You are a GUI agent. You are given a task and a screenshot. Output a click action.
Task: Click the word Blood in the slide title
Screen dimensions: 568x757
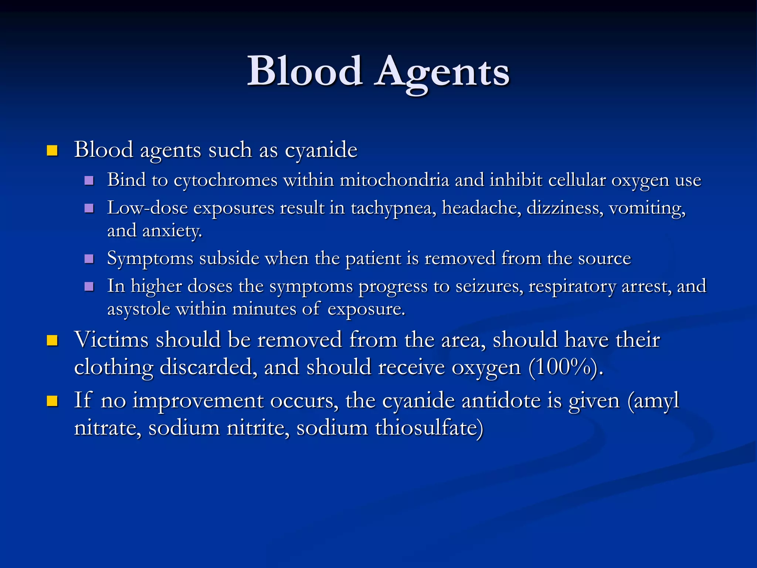point(305,71)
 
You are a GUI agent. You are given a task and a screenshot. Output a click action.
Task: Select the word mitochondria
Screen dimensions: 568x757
point(394,180)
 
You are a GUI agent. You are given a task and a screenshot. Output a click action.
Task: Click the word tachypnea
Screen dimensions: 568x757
point(393,208)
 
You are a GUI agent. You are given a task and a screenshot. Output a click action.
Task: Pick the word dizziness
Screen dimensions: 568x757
point(565,208)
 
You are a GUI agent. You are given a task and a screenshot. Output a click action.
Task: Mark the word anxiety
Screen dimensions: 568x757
point(172,231)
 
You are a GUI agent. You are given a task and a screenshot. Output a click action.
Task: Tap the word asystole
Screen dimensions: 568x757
point(139,309)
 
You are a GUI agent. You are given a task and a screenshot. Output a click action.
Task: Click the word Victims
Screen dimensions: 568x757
point(111,339)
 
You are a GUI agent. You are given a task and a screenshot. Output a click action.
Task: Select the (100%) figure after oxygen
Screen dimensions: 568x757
point(566,368)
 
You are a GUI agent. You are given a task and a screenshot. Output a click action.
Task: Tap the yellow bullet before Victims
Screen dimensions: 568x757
point(52,340)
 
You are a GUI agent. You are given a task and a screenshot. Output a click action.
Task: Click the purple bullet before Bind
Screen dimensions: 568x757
point(89,180)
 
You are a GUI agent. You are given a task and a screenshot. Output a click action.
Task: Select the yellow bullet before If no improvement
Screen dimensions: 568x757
point(52,401)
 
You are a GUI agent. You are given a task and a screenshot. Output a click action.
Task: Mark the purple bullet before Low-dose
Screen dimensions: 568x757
point(89,208)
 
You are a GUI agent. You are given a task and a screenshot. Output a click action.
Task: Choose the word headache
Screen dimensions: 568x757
point(482,208)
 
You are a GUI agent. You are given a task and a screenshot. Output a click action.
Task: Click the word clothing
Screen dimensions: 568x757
point(113,368)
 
